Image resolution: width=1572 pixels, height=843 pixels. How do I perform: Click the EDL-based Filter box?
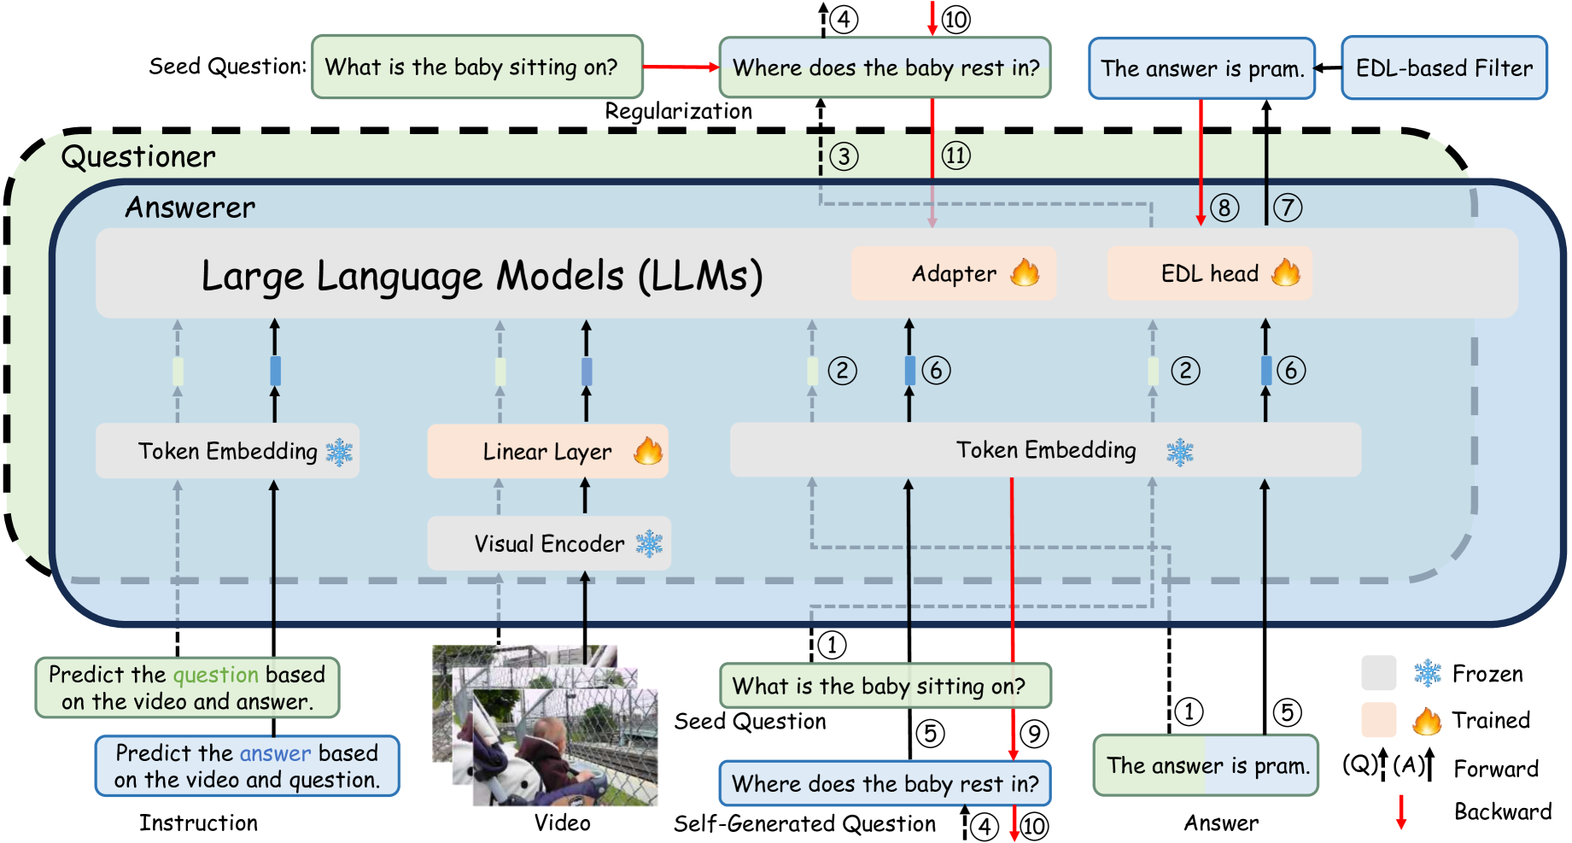pyautogui.click(x=1444, y=67)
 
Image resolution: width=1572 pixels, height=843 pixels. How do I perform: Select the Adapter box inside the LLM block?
pyautogui.click(x=953, y=273)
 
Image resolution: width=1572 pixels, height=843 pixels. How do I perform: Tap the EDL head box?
pyautogui.click(x=1209, y=273)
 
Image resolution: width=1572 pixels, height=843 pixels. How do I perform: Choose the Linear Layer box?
pyautogui.click(x=547, y=451)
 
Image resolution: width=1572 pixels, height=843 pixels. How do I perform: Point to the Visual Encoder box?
pyautogui.click(x=549, y=543)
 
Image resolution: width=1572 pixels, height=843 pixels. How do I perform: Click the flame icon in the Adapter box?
pyautogui.click(x=1025, y=272)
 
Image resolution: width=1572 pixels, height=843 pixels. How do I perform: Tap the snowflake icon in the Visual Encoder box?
pyautogui.click(x=649, y=543)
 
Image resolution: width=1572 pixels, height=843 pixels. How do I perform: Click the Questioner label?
pyautogui.click(x=138, y=157)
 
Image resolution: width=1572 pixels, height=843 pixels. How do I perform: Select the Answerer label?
pyautogui.click(x=190, y=207)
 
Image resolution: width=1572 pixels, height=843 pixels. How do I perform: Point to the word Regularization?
pyautogui.click(x=679, y=111)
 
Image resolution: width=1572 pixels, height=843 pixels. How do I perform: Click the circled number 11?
pyautogui.click(x=955, y=155)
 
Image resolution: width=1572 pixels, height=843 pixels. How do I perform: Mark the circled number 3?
pyautogui.click(x=844, y=156)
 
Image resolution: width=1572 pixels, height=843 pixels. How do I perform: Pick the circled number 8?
pyautogui.click(x=1224, y=207)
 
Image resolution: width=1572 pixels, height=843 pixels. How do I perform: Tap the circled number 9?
pyautogui.click(x=1033, y=733)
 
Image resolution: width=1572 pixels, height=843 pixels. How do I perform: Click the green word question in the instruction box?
pyautogui.click(x=215, y=675)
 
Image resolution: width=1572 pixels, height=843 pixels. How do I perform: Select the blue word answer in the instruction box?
pyautogui.click(x=276, y=752)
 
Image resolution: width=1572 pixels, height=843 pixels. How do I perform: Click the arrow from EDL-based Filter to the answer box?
pyautogui.click(x=1328, y=67)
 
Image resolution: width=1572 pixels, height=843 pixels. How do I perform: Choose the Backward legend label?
pyautogui.click(x=1502, y=811)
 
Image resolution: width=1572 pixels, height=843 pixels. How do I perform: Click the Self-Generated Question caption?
pyautogui.click(x=804, y=823)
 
